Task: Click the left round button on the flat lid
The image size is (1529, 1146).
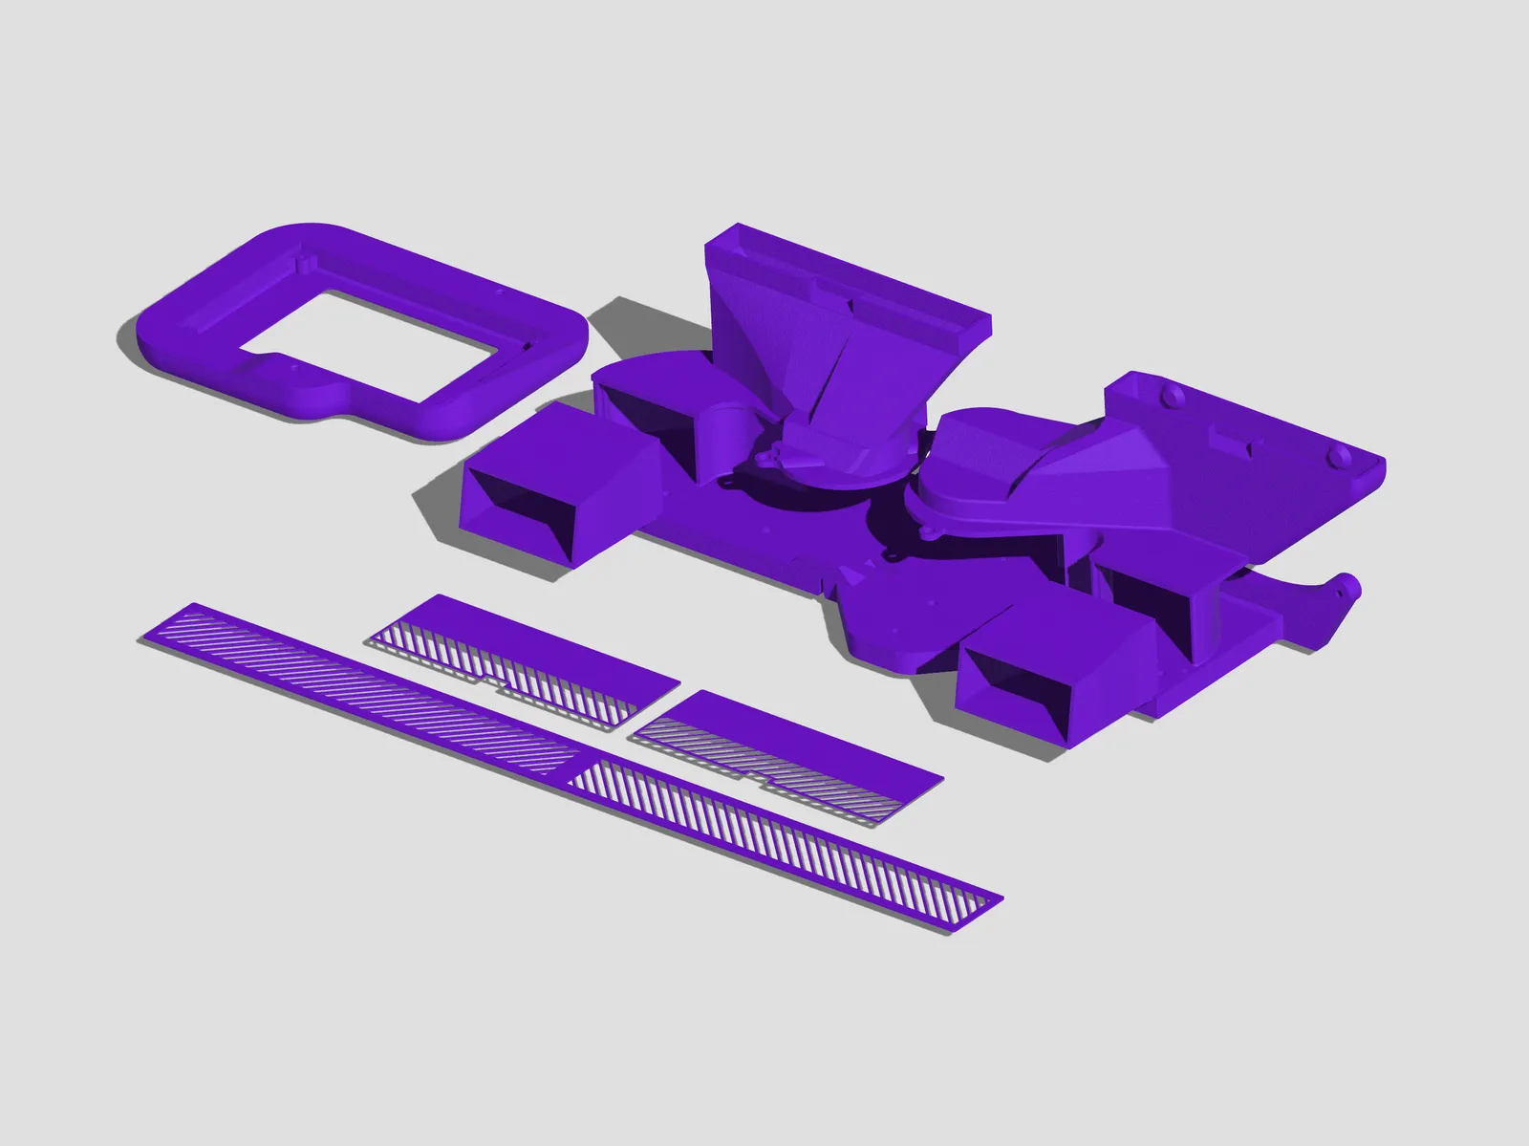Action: point(1167,393)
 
